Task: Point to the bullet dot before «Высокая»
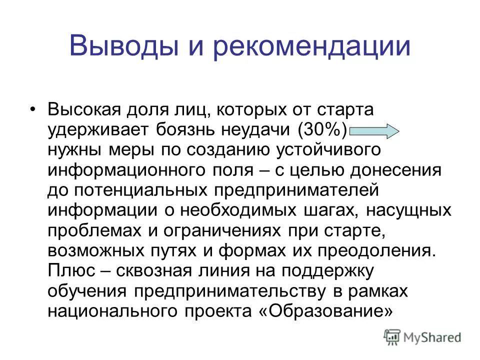(x=33, y=96)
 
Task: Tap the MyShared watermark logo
(x=423, y=337)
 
